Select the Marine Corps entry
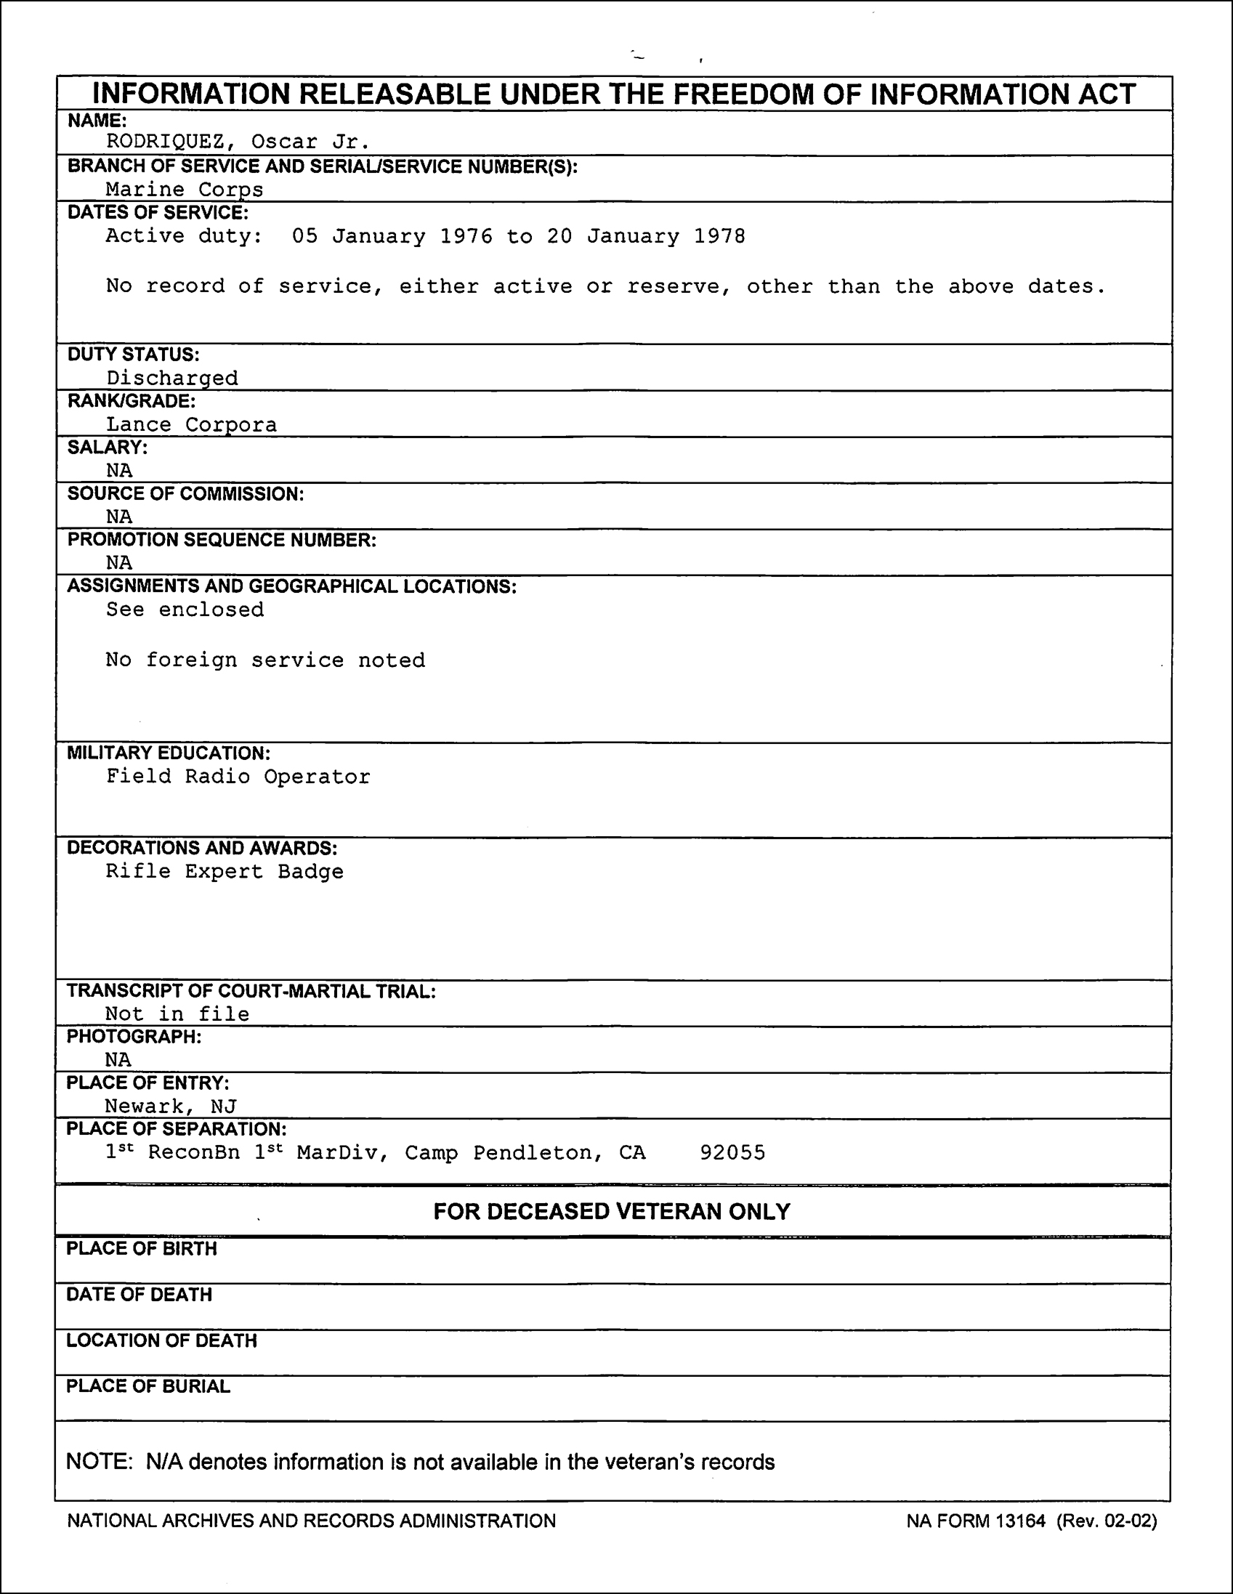pyautogui.click(x=184, y=190)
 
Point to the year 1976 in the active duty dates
pyautogui.click(x=466, y=236)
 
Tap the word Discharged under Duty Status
pyautogui.click(x=172, y=378)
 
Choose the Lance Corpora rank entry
pyautogui.click(x=191, y=425)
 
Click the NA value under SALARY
pyautogui.click(x=119, y=471)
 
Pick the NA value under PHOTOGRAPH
pyautogui.click(x=118, y=1060)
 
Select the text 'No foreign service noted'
pyautogui.click(x=265, y=660)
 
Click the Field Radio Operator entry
pyautogui.click(x=238, y=777)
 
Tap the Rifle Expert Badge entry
pyautogui.click(x=224, y=871)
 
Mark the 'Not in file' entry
pyautogui.click(x=177, y=1014)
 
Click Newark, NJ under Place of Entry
pyautogui.click(x=170, y=1107)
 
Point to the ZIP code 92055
pyautogui.click(x=732, y=1153)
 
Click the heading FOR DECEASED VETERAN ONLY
pyautogui.click(x=612, y=1213)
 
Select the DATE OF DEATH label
pyautogui.click(x=139, y=1295)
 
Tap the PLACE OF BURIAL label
pyautogui.click(x=148, y=1387)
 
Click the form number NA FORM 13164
pyautogui.click(x=976, y=1521)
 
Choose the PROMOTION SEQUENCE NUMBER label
pyautogui.click(x=222, y=540)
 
